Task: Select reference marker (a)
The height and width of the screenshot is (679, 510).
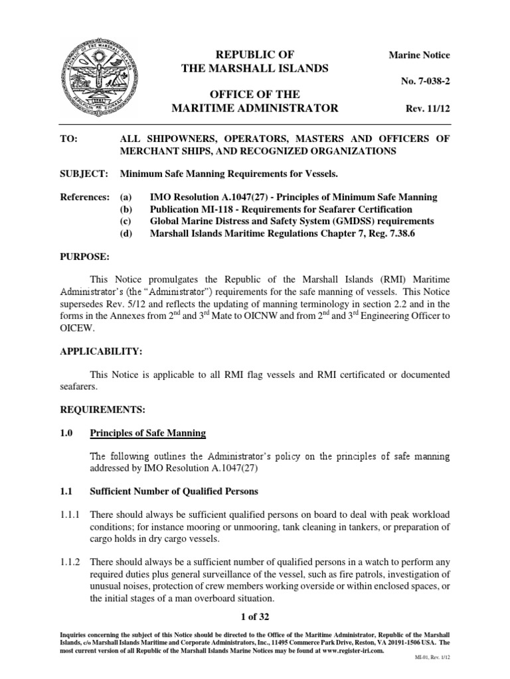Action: [126, 197]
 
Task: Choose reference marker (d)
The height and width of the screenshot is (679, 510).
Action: [126, 233]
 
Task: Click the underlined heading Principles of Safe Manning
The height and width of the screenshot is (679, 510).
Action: [147, 434]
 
